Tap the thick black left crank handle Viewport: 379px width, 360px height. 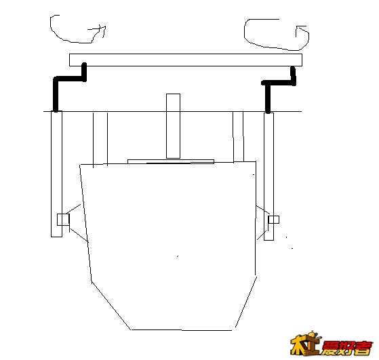pyautogui.click(x=70, y=79)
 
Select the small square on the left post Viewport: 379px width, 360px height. pyautogui.click(x=63, y=220)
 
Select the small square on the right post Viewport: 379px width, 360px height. pyautogui.click(x=274, y=220)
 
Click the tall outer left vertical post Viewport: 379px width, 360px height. pyautogui.click(x=56, y=174)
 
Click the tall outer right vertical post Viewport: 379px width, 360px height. pyautogui.click(x=268, y=176)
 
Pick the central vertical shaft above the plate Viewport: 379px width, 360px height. pyautogui.click(x=174, y=126)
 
